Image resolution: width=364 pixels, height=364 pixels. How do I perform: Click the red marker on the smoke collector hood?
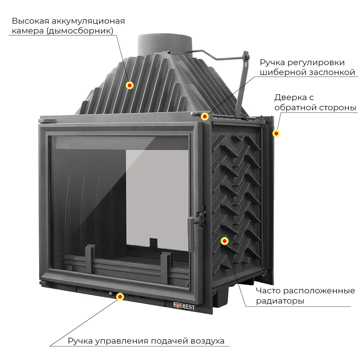[130, 85]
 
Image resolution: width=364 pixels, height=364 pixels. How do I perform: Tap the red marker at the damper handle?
[205, 116]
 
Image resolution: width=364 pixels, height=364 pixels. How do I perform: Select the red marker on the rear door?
[276, 134]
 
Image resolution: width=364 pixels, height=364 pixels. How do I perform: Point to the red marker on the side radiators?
[225, 241]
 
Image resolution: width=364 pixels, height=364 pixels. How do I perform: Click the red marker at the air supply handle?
[119, 297]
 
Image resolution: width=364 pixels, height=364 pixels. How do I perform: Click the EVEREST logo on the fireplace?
[183, 306]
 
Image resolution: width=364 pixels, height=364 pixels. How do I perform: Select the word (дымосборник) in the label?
[80, 31]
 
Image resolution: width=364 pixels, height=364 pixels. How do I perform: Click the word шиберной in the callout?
[280, 72]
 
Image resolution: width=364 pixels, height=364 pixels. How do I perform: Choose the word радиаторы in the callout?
[280, 301]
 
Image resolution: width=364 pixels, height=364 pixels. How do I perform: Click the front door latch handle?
[192, 233]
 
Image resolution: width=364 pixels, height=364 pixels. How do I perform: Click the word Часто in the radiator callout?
[268, 291]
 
